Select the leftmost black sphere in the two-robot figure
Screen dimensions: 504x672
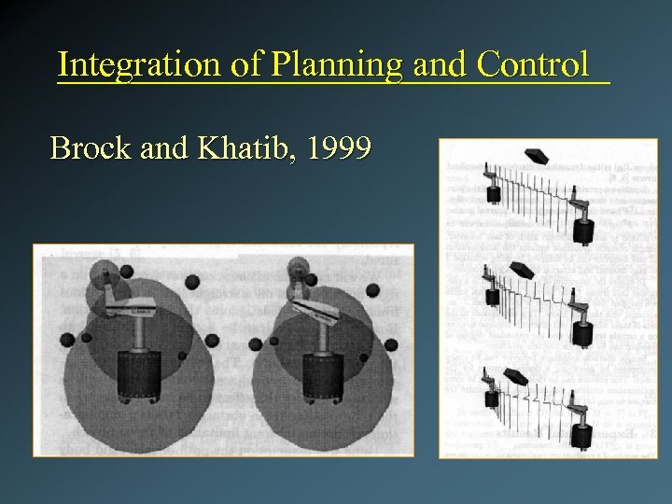(66, 339)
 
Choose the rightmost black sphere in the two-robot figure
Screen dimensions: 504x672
(390, 345)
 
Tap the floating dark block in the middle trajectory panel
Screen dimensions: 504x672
(524, 271)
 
